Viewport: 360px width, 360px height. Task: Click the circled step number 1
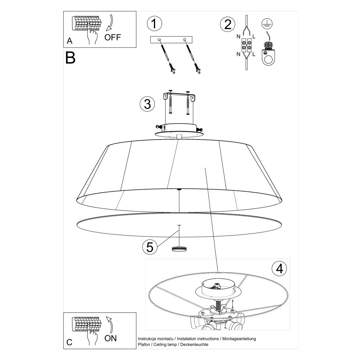(x=154, y=24)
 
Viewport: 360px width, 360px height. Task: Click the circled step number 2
(x=227, y=24)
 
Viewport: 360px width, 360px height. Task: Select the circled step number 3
(x=147, y=104)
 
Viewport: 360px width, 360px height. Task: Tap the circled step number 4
(x=279, y=268)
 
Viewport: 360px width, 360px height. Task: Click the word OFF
(x=112, y=37)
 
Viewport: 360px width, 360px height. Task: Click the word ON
(x=110, y=338)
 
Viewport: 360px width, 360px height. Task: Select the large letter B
(x=70, y=58)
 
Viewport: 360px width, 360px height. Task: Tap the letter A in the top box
(x=70, y=41)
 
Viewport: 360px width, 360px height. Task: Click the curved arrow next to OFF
(x=110, y=22)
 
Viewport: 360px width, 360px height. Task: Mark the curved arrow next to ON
(x=109, y=323)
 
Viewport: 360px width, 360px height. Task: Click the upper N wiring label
(x=238, y=37)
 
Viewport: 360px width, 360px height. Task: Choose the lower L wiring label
(x=254, y=54)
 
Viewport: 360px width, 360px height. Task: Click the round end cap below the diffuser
(x=179, y=248)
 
